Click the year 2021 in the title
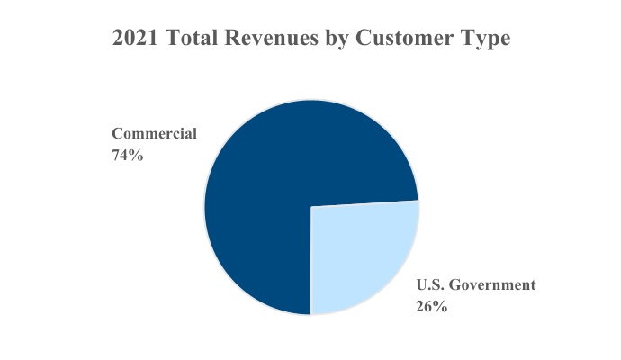click(x=134, y=40)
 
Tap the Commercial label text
click(x=154, y=133)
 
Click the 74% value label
click(x=127, y=154)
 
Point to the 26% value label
click(x=432, y=305)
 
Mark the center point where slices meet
click(x=310, y=207)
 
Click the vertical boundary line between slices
click(x=310, y=261)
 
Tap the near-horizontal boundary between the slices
click(x=364, y=203)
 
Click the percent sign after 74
click(x=137, y=154)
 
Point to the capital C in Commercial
click(x=117, y=133)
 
